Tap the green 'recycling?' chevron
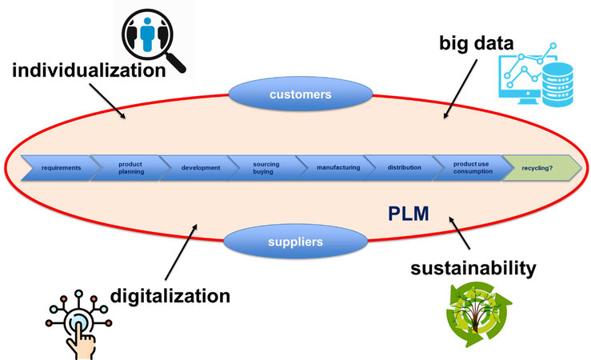[x=537, y=168]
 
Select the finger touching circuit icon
[x=78, y=323]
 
